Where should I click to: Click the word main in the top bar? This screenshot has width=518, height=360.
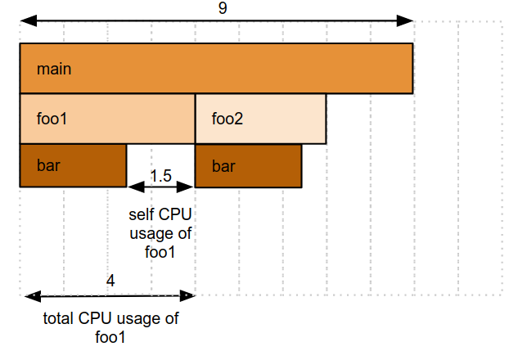coord(54,69)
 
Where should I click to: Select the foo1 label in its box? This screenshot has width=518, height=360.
coord(52,119)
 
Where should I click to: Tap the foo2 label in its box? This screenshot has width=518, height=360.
coord(227,119)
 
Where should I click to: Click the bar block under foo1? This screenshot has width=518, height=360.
coord(73,166)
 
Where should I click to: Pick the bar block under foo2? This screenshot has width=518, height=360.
coord(248,166)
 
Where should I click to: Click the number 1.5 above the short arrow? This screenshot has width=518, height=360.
coord(161,176)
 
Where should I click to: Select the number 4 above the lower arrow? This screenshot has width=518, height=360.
coord(110,281)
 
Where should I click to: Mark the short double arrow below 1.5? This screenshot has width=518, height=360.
coord(161,187)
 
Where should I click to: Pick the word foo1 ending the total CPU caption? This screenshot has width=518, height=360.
coord(110,336)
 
